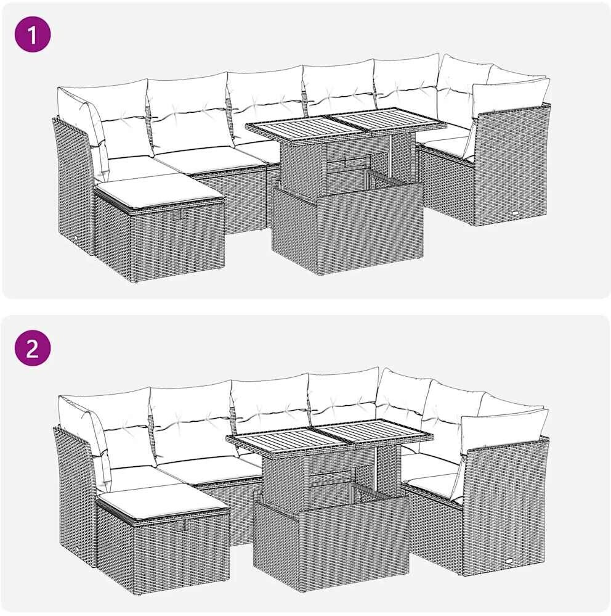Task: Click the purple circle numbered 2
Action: (x=33, y=348)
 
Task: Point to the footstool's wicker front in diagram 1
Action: (x=177, y=240)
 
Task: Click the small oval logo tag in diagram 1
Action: (x=514, y=213)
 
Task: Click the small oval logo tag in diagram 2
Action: (x=509, y=561)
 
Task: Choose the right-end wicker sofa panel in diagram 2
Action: (x=504, y=507)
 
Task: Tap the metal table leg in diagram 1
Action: (x=391, y=155)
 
